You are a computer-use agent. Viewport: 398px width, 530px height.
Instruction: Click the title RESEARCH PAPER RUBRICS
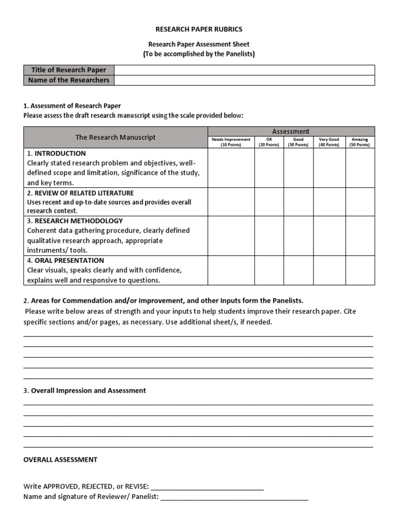click(x=199, y=30)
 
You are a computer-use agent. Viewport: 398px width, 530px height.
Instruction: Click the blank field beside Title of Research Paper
click(x=244, y=70)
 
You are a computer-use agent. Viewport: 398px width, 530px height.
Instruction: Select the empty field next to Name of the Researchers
click(x=244, y=80)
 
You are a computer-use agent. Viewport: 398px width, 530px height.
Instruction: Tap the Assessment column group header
click(x=291, y=131)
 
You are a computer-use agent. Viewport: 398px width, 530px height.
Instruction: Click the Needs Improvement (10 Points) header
click(x=231, y=142)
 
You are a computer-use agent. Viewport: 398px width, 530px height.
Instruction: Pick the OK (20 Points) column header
click(x=268, y=142)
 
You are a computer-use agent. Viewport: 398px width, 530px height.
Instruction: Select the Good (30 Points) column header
click(x=298, y=142)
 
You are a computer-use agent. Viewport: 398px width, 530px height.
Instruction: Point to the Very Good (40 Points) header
click(x=329, y=142)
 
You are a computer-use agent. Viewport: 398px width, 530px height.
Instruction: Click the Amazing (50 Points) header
click(x=360, y=142)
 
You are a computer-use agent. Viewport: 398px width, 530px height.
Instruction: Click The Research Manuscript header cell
click(x=116, y=137)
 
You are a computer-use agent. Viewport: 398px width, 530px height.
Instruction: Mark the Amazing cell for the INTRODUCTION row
click(x=360, y=168)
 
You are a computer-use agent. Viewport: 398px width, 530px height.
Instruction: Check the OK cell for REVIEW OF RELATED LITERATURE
click(x=268, y=201)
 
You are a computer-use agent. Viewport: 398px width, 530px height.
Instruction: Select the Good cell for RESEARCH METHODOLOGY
click(x=298, y=235)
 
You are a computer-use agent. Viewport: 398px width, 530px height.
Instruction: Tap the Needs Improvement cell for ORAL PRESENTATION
click(x=231, y=270)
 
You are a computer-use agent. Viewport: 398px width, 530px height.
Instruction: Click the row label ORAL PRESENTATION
click(x=69, y=260)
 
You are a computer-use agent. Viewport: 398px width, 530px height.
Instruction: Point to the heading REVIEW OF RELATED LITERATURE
click(x=83, y=193)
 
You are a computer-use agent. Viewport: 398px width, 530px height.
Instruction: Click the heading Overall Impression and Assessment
click(x=88, y=391)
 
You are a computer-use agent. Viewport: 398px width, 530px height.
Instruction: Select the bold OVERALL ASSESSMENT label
click(x=60, y=460)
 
